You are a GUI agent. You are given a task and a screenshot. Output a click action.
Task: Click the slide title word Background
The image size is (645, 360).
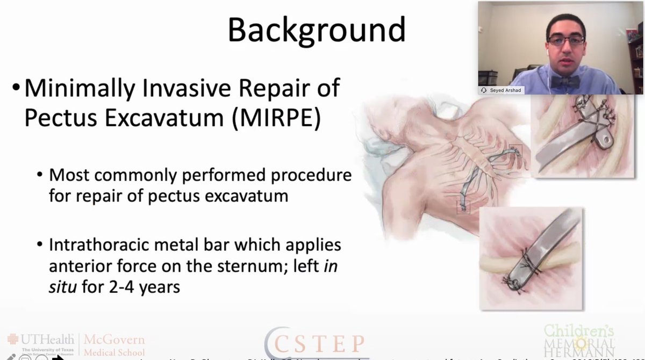click(x=317, y=30)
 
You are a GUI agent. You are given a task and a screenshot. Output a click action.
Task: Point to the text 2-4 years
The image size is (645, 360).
click(x=139, y=287)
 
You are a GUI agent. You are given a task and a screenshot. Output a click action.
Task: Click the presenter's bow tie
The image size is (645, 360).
click(x=564, y=81)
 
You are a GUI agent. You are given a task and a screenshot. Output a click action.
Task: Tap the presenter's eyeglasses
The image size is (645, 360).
click(x=565, y=40)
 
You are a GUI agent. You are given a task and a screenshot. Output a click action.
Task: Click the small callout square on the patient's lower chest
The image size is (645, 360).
click(x=463, y=207)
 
